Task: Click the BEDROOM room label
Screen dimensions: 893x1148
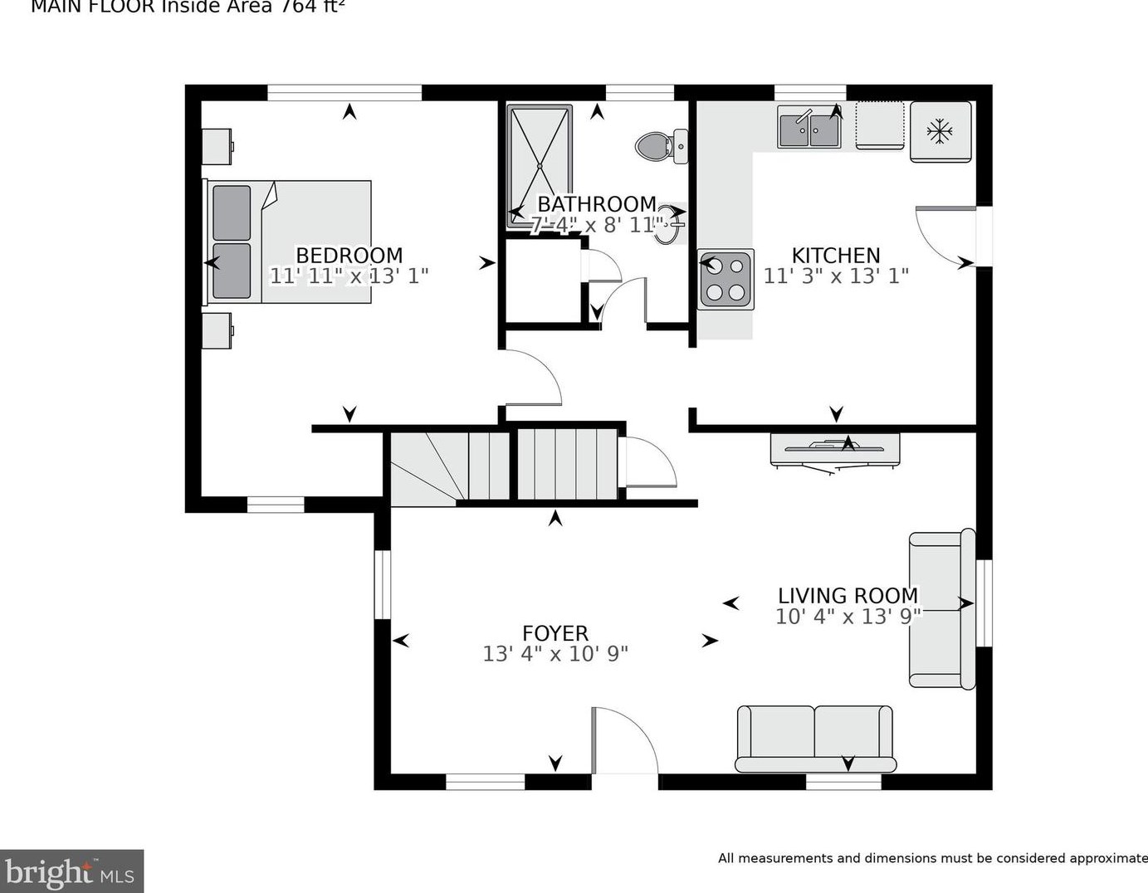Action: pyautogui.click(x=349, y=256)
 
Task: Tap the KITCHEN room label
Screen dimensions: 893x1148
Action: pyautogui.click(x=835, y=256)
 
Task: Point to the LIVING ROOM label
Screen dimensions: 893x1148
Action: pyautogui.click(x=848, y=596)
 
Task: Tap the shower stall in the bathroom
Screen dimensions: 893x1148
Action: pyautogui.click(x=540, y=166)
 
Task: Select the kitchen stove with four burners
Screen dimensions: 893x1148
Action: pyautogui.click(x=725, y=280)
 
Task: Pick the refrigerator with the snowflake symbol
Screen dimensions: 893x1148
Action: pyautogui.click(x=940, y=131)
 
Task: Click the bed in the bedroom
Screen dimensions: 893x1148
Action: pyautogui.click(x=289, y=242)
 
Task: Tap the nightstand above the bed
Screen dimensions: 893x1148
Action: pyautogui.click(x=217, y=147)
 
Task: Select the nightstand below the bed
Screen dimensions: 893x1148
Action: pyautogui.click(x=217, y=331)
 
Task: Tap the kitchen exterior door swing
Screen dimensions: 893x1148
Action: pyautogui.click(x=946, y=234)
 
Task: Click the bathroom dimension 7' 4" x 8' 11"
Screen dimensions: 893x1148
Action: pyautogui.click(x=597, y=225)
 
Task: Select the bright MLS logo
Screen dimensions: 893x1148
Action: pyautogui.click(x=71, y=871)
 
